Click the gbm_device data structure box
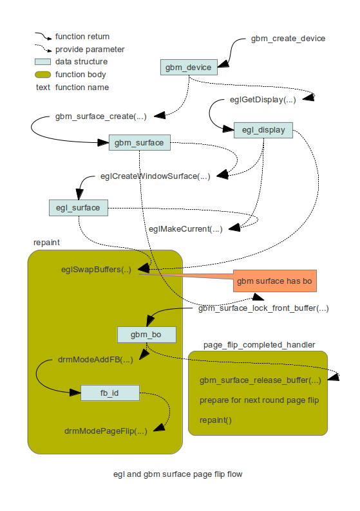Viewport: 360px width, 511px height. (186, 67)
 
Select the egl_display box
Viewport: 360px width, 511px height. (263, 130)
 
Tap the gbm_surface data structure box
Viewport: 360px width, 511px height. (140, 142)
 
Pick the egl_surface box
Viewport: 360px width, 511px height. (78, 207)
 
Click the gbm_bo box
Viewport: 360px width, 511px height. (146, 335)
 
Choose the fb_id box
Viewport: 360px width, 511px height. (110, 393)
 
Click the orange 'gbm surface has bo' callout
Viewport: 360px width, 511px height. (275, 281)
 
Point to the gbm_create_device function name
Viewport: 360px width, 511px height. (288, 39)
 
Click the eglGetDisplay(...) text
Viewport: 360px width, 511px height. (263, 100)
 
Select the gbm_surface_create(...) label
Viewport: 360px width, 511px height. (101, 116)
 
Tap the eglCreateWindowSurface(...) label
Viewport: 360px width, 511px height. (155, 176)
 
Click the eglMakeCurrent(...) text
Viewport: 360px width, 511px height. (185, 229)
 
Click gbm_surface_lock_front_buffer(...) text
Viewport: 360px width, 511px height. (263, 308)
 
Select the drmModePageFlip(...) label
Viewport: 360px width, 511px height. (105, 431)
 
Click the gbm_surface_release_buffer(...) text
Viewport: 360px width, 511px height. (260, 380)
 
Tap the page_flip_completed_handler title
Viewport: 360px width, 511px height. (259, 345)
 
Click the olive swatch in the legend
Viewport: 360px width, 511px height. (43, 75)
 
